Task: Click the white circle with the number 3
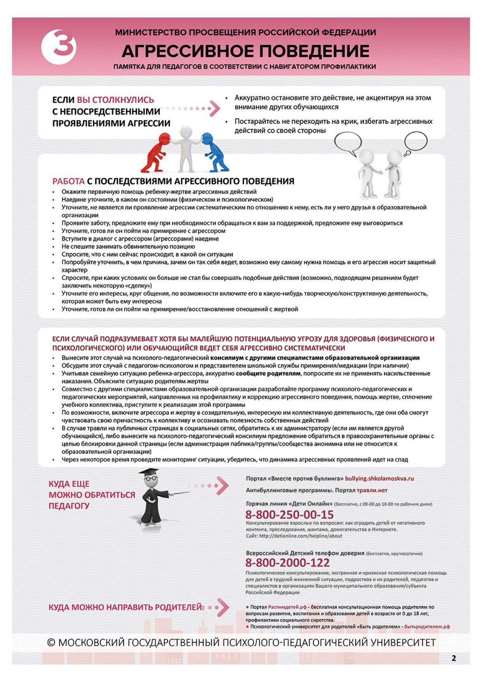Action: click(x=59, y=47)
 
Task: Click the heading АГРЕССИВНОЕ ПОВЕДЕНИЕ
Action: click(x=245, y=51)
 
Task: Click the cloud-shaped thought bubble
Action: click(x=416, y=141)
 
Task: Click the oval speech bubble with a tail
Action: click(x=348, y=142)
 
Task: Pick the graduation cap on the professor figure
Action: click(x=149, y=473)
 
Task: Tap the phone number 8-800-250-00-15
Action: click(x=289, y=515)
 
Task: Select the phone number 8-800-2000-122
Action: click(x=287, y=562)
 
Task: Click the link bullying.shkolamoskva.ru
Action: click(x=379, y=478)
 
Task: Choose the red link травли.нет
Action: click(x=372, y=490)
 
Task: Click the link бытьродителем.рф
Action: click(x=427, y=626)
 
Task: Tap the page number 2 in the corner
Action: click(x=454, y=658)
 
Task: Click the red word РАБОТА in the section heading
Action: click(x=68, y=181)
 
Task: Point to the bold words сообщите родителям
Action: click(x=268, y=373)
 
